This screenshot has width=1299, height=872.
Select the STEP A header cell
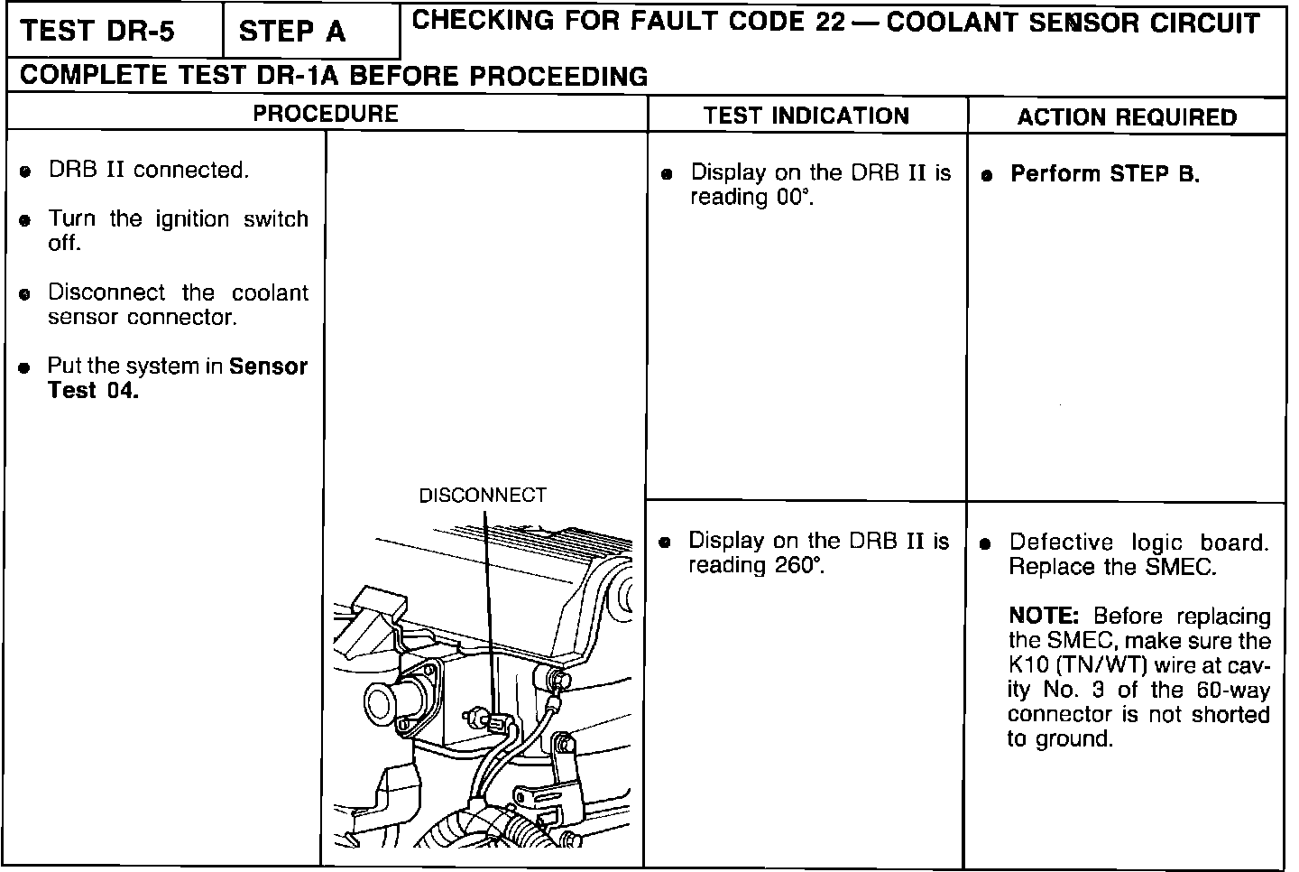point(291,32)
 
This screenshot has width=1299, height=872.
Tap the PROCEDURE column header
point(325,114)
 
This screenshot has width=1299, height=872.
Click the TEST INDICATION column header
point(806,116)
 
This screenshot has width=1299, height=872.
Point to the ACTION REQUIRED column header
point(1127,117)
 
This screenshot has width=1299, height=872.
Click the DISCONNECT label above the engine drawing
point(483,496)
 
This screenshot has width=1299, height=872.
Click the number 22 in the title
point(828,24)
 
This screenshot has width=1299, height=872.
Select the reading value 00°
point(795,198)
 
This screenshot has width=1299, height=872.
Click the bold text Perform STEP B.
point(1105,174)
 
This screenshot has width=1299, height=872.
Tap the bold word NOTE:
point(1044,617)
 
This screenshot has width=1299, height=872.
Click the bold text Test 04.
point(93,391)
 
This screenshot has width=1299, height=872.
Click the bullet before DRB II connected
point(27,172)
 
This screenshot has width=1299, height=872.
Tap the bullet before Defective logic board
point(986,544)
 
